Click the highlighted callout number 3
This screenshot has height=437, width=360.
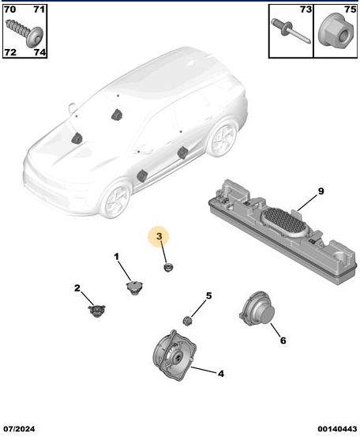[x=159, y=236]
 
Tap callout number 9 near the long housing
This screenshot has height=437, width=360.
[x=321, y=191]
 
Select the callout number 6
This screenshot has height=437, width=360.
[x=283, y=341]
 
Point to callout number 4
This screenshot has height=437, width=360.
[x=220, y=374]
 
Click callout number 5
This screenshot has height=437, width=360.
[x=209, y=296]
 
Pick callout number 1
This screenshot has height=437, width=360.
[x=117, y=256]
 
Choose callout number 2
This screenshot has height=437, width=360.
[x=77, y=288]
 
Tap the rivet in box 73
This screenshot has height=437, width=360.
[x=291, y=31]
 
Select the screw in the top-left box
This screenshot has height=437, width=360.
[x=24, y=32]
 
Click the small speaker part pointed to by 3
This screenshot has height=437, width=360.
[x=168, y=268]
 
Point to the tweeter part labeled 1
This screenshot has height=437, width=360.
[x=135, y=288]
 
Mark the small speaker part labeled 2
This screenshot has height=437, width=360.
[x=96, y=311]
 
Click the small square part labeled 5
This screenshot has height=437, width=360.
[x=187, y=321]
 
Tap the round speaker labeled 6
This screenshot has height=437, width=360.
[x=257, y=308]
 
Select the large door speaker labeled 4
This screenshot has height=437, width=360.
[x=174, y=356]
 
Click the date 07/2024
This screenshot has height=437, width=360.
[x=19, y=428]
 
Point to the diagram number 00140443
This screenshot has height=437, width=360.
[x=337, y=428]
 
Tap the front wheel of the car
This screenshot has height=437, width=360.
[x=116, y=199]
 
